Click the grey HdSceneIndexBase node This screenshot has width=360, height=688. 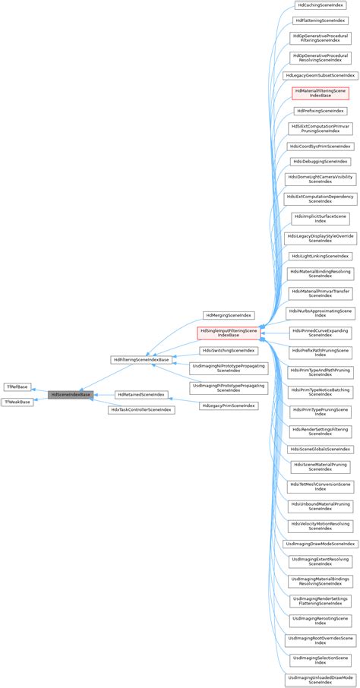point(71,395)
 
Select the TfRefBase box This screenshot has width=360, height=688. point(17,387)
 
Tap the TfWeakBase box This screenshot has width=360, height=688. point(18,402)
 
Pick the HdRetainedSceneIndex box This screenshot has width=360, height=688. point(141,395)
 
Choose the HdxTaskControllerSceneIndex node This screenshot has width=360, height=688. point(141,410)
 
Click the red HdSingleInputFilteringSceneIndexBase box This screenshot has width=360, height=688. point(228,333)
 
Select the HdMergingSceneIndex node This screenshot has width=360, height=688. point(228,314)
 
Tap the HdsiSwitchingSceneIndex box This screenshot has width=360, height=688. point(228,351)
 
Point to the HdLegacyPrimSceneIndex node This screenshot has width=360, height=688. point(228,406)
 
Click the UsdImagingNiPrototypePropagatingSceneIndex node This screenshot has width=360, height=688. point(228,369)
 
